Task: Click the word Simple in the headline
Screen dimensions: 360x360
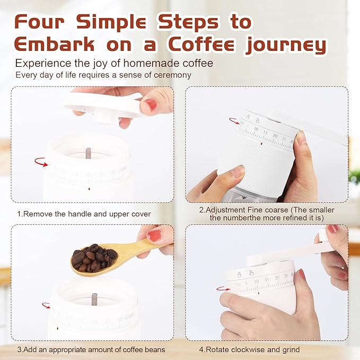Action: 111,22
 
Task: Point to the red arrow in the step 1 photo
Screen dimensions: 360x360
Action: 41,162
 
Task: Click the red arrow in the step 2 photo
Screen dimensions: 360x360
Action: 235,121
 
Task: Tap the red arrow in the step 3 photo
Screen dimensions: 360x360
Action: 46,305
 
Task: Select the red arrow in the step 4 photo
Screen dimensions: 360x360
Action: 223,288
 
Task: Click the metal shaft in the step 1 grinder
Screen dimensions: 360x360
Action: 89,153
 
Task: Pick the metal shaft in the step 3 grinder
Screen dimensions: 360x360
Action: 94,299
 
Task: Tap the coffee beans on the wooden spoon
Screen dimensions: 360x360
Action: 94,257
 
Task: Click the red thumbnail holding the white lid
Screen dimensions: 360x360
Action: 151,104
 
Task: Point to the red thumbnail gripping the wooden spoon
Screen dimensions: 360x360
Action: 154,236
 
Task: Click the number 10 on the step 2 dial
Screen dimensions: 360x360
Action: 256,129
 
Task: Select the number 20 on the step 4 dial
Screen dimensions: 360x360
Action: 277,278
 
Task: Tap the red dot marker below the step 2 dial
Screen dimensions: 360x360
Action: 261,144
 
